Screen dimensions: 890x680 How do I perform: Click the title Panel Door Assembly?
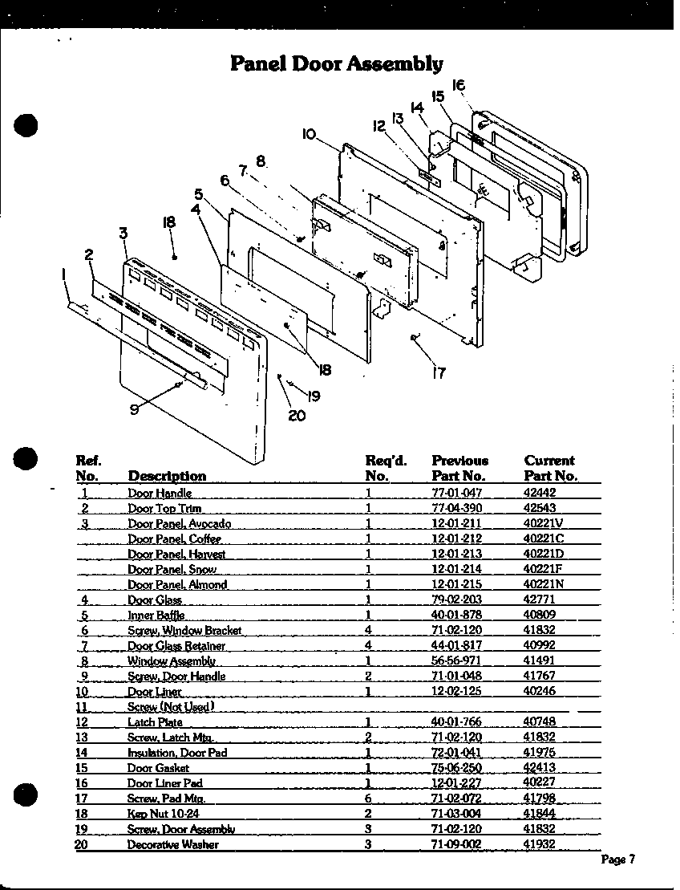[336, 63]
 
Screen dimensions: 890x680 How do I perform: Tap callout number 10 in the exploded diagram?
[310, 135]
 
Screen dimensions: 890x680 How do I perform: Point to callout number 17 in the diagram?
[439, 372]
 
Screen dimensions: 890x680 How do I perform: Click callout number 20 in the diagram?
[296, 416]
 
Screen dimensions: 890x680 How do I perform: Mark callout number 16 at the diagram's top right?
[459, 84]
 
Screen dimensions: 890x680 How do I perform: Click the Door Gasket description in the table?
[158, 768]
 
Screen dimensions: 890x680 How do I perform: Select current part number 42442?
[540, 494]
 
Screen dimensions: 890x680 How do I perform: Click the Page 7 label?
[618, 860]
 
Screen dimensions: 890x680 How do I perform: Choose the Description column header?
[167, 476]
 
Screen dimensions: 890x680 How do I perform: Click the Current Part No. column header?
[550, 468]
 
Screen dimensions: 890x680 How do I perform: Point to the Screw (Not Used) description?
[170, 707]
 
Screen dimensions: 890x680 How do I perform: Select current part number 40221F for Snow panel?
[544, 570]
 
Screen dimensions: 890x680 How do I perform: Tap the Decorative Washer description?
[172, 844]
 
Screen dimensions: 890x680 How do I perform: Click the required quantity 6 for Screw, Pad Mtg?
[368, 799]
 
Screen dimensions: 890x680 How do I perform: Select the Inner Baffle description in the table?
[156, 616]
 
